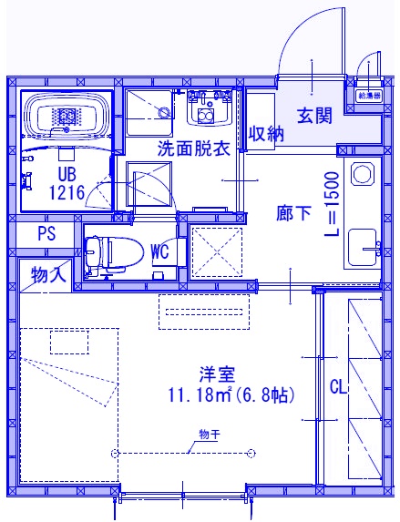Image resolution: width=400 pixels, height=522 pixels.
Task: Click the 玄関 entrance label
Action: pyautogui.click(x=313, y=115)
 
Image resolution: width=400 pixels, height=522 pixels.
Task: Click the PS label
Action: pyautogui.click(x=46, y=234)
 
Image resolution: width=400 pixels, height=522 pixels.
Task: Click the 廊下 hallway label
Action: pyautogui.click(x=294, y=213)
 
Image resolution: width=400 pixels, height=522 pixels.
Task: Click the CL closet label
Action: pyautogui.click(x=338, y=387)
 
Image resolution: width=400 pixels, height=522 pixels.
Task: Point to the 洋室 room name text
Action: pyautogui.click(x=218, y=374)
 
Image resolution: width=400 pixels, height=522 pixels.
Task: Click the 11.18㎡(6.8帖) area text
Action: pyautogui.click(x=229, y=395)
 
